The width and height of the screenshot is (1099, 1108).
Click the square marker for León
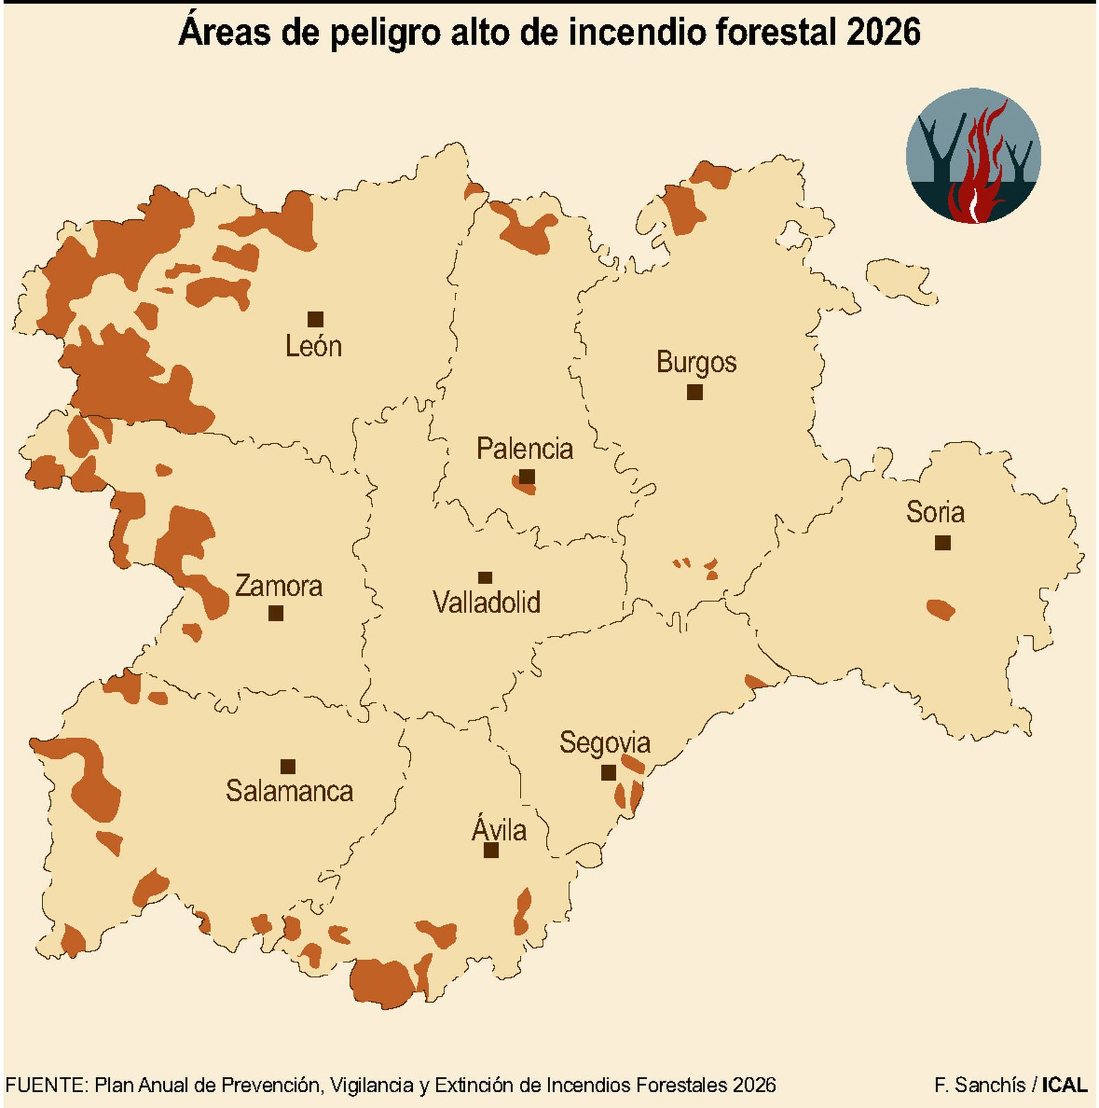click(x=315, y=319)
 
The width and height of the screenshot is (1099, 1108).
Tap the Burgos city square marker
click(x=694, y=392)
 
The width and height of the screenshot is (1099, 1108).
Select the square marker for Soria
click(x=942, y=542)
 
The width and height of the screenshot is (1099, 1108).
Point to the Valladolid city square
click(x=485, y=577)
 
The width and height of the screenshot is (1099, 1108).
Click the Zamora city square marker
click(x=275, y=612)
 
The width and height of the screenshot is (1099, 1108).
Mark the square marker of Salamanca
click(x=288, y=766)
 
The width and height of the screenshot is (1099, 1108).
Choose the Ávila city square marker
click(x=490, y=850)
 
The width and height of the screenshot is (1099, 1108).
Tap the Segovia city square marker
click(x=608, y=773)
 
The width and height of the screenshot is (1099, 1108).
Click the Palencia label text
click(x=525, y=449)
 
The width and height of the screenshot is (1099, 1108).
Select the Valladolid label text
click(x=486, y=602)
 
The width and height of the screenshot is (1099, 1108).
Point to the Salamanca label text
click(x=289, y=791)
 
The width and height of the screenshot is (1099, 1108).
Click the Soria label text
click(x=935, y=512)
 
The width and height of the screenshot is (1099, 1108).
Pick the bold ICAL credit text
click(x=1065, y=1085)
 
